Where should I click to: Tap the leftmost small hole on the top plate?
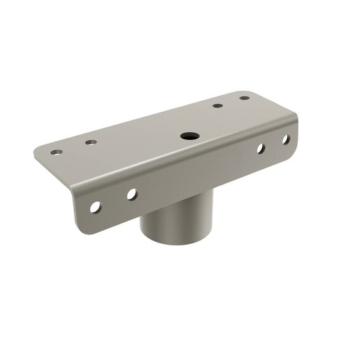click(x=56, y=152)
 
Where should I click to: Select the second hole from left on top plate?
click(x=91, y=142)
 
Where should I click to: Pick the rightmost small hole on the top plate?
click(x=245, y=98)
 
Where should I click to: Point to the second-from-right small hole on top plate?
click(x=218, y=106)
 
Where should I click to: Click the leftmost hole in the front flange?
click(x=95, y=207)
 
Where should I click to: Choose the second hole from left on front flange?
click(x=131, y=194)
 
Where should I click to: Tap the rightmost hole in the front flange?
click(x=285, y=139)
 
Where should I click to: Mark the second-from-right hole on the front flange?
click(x=260, y=149)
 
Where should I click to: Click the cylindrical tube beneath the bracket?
click(x=171, y=225)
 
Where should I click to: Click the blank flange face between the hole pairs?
click(x=196, y=174)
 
